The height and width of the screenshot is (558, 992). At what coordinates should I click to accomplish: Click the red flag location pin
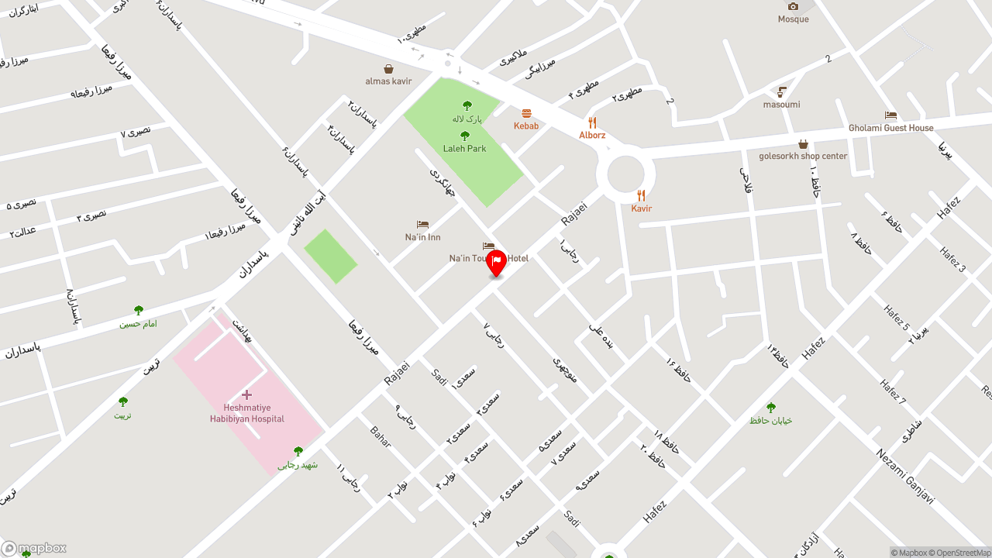[496, 263]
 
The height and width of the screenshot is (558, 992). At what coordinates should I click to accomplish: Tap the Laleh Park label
[465, 148]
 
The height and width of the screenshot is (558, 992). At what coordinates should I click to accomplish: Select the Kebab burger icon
[526, 114]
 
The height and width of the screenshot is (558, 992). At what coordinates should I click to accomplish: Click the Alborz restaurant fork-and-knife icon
[592, 122]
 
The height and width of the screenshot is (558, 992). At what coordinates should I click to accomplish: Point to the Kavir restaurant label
[642, 208]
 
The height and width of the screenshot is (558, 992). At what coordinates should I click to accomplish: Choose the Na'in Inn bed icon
[422, 225]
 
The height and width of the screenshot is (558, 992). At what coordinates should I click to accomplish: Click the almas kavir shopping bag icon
[388, 69]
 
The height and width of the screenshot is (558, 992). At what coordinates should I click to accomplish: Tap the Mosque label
[793, 19]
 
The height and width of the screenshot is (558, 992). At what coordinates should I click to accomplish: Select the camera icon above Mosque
[793, 6]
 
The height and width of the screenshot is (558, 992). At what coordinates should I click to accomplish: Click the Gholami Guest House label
[890, 128]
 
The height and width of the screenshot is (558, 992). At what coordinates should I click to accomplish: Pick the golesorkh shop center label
[803, 156]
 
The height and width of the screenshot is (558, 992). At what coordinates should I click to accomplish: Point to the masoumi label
[781, 105]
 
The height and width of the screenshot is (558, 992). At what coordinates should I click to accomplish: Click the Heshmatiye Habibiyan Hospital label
[246, 413]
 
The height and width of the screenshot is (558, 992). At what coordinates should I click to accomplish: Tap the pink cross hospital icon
[246, 395]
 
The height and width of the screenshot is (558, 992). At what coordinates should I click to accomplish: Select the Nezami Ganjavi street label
[904, 476]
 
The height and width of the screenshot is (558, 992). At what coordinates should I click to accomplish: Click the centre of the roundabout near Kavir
[625, 174]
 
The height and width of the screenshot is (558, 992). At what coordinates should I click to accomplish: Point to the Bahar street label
[381, 436]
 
